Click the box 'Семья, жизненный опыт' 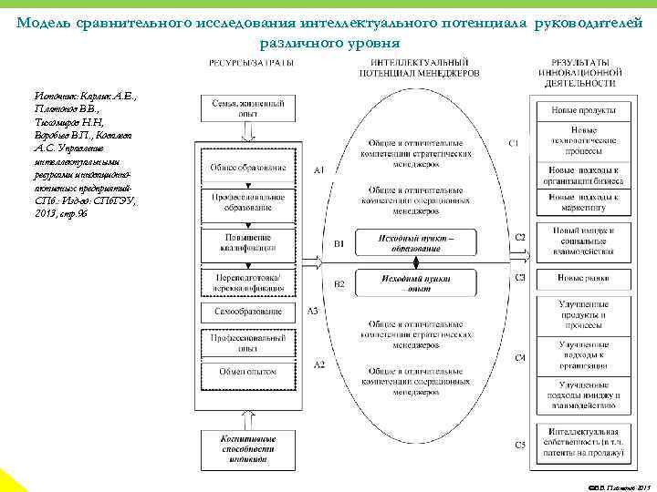point(248,109)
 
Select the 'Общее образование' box point(248,168)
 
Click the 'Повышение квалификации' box point(248,243)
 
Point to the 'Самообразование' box point(248,312)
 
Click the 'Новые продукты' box point(583,109)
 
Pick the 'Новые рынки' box point(583,277)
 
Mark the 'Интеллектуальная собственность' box point(583,442)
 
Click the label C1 point(514,143)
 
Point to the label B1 point(338,244)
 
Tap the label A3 point(312,311)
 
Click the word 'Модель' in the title point(47,22)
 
